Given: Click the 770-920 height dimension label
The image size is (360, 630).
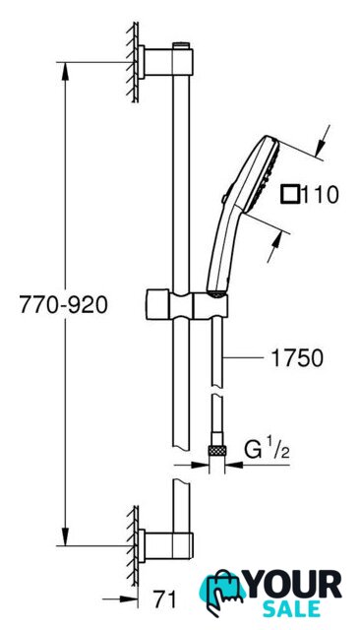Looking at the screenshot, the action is [x=63, y=304].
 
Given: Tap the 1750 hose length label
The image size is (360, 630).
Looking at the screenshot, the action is [x=297, y=357].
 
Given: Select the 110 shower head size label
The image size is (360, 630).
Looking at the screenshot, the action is [x=320, y=195].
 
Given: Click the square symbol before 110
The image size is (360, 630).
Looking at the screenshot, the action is [x=290, y=195].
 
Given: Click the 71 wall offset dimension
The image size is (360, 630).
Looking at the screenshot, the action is [x=164, y=600].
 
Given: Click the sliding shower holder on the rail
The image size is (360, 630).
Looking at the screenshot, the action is [x=187, y=304].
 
